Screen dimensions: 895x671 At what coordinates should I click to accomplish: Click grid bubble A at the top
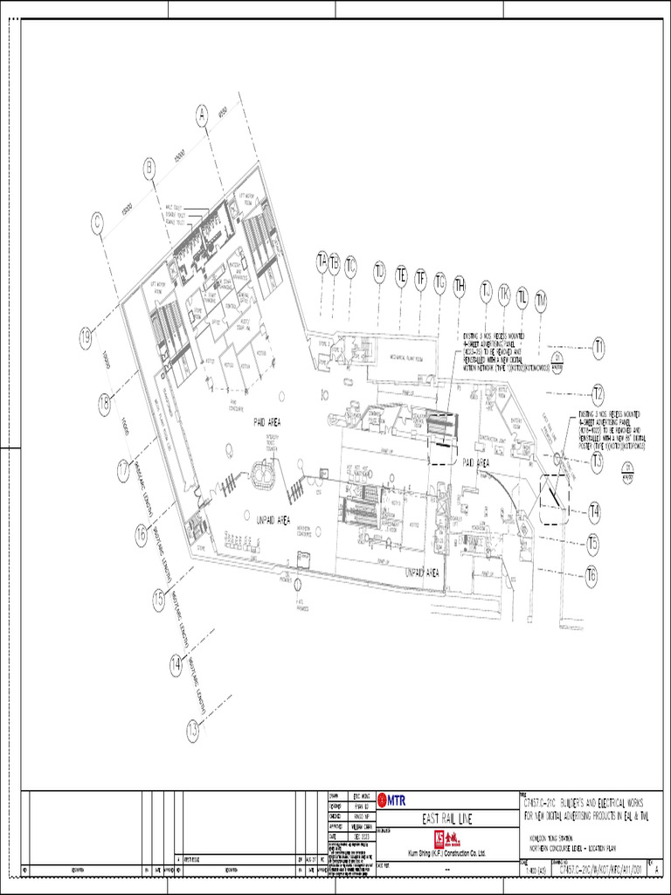(x=202, y=115)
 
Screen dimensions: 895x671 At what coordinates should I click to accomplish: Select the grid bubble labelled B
(x=149, y=167)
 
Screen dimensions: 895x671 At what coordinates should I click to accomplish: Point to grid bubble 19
(x=86, y=338)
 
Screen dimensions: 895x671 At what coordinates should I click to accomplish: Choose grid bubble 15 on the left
(x=158, y=598)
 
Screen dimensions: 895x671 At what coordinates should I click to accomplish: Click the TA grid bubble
(x=322, y=261)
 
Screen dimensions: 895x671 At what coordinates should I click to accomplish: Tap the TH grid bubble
(x=460, y=285)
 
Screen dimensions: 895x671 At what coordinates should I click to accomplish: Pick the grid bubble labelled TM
(x=541, y=301)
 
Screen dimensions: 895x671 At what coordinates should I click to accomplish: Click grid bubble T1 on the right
(x=599, y=350)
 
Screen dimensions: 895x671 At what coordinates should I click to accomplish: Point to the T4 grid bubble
(x=594, y=511)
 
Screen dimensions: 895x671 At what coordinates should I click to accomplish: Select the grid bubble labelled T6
(x=591, y=574)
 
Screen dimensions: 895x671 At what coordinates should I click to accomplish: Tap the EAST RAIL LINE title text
(x=446, y=819)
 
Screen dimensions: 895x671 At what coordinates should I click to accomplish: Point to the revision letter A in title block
(x=656, y=870)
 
